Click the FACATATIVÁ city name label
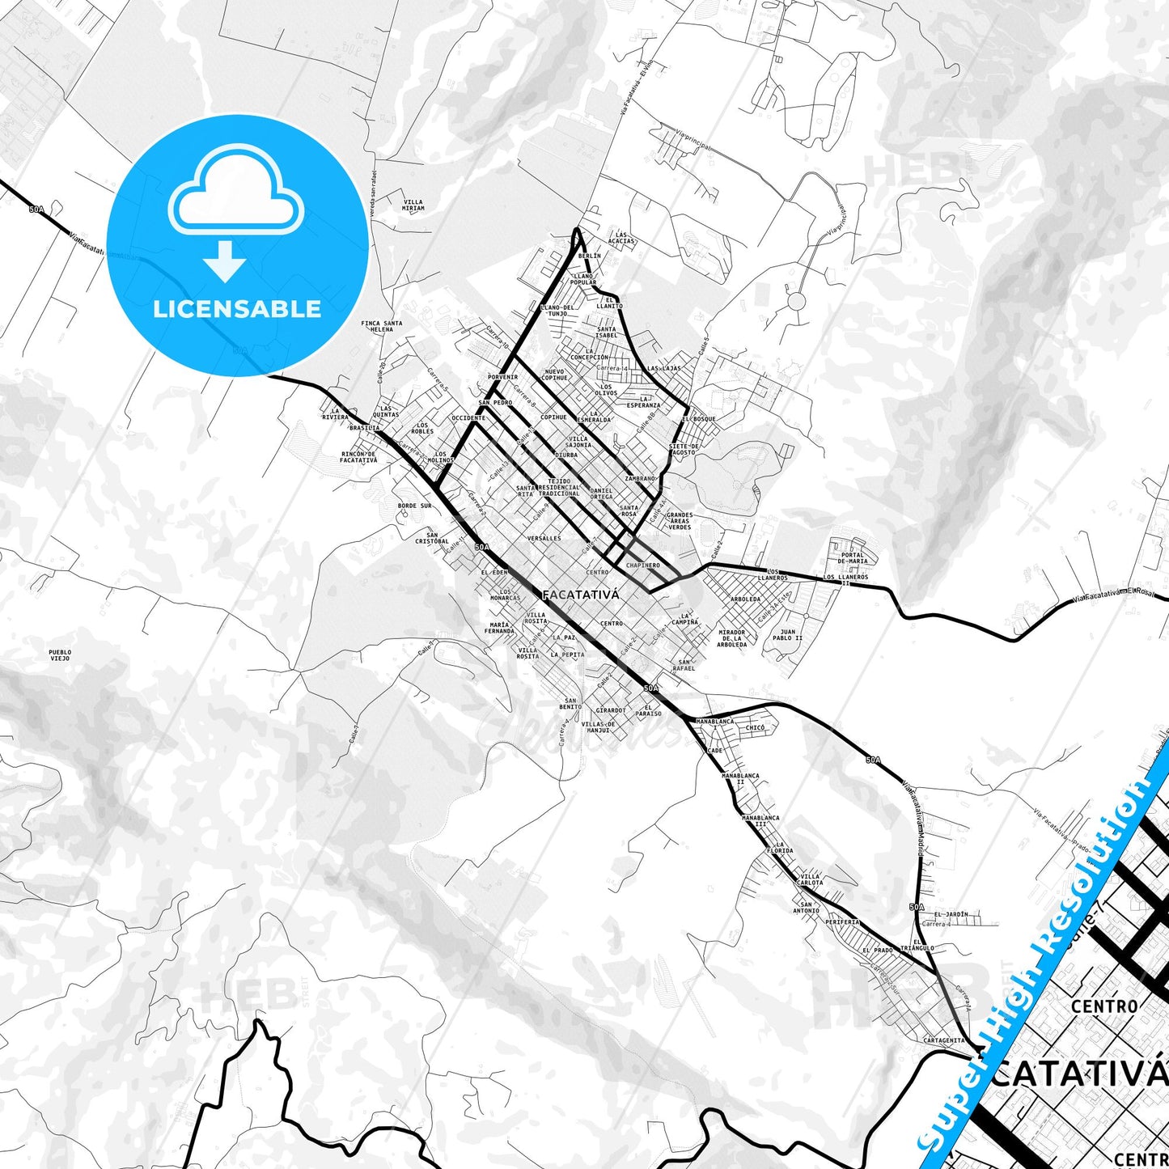click(x=580, y=595)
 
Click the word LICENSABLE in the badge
click(x=237, y=309)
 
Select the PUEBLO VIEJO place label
click(x=60, y=655)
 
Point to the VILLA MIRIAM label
click(x=413, y=205)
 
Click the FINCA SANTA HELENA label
click(x=381, y=326)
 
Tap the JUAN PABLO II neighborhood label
click(x=787, y=635)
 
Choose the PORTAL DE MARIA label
click(x=853, y=558)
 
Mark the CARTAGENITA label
click(x=943, y=1040)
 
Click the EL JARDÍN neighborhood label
click(x=951, y=914)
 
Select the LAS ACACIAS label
click(x=621, y=238)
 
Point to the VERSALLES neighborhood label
click(x=544, y=538)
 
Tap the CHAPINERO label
click(x=643, y=565)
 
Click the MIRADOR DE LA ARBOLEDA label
click(x=731, y=638)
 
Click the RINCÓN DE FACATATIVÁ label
click(x=358, y=457)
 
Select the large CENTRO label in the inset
click(x=1103, y=1006)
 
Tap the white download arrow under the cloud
click(x=224, y=261)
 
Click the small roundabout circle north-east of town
click(x=797, y=302)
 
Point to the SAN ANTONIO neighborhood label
click(x=806, y=908)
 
